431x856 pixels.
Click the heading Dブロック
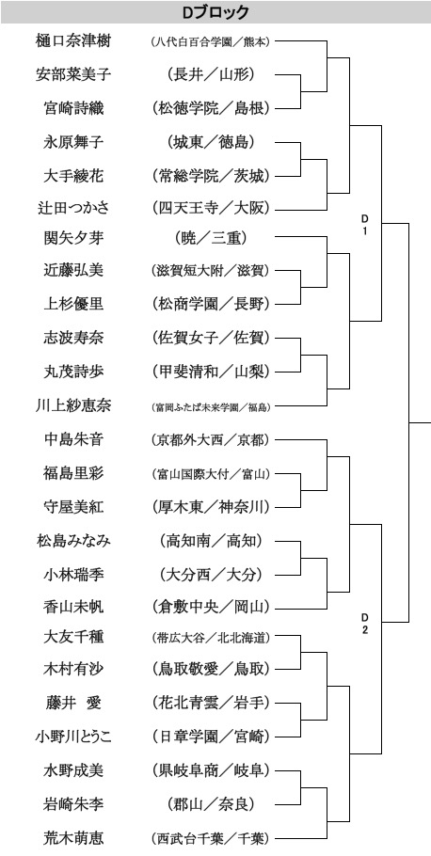tap(215, 12)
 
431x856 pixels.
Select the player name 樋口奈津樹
tap(73, 41)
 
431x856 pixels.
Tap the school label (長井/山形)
tap(211, 74)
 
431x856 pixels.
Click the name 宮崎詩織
tap(73, 108)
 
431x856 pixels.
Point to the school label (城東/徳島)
tap(211, 142)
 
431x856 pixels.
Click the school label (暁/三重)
tap(211, 237)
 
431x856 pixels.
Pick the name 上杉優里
tap(73, 304)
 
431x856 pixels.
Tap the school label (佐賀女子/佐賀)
tap(211, 338)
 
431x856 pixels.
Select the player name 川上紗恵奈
tap(73, 405)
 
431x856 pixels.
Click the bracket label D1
tap(364, 225)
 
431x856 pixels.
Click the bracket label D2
tap(364, 624)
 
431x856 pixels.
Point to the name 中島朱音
tap(73, 439)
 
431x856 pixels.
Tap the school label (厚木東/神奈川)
tap(211, 507)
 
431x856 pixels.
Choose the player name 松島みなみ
tap(73, 541)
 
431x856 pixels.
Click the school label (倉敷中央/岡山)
tap(211, 607)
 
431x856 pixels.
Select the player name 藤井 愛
tap(73, 703)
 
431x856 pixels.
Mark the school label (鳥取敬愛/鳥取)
tap(211, 668)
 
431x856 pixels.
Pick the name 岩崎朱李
tap(73, 803)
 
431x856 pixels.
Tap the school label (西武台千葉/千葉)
tap(211, 837)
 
